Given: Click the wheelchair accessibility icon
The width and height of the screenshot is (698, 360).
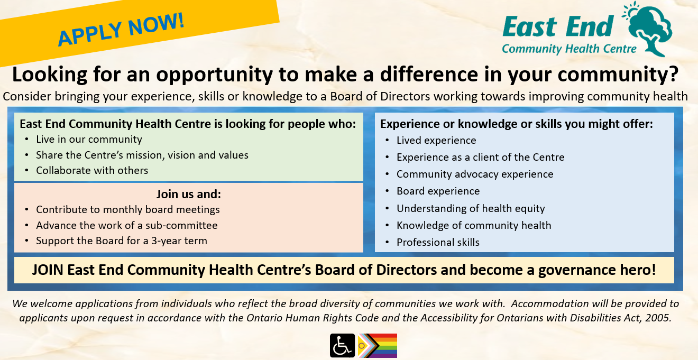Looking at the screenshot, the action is coord(342,345).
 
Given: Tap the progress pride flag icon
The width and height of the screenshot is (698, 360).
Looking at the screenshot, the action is coord(378,345).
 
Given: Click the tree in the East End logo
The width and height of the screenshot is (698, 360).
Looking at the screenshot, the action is coord(650,31).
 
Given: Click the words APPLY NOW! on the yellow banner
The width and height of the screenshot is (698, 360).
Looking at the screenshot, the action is coord(121,30).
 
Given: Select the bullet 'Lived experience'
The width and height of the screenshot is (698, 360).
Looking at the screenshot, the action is coord(436,141).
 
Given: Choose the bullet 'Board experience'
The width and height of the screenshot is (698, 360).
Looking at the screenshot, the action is coord(438,191).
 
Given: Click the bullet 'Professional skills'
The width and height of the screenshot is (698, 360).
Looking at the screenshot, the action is coord(438,242).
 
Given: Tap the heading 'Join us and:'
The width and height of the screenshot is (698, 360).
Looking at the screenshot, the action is coord(189,194).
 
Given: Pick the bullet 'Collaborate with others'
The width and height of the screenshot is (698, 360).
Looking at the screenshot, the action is coord(92,170).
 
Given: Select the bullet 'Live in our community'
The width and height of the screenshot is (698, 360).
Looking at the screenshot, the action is coord(89,139).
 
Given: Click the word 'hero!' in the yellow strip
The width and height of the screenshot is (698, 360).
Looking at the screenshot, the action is coord(638,270).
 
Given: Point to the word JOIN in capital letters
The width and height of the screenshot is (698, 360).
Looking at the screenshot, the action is coord(48,270).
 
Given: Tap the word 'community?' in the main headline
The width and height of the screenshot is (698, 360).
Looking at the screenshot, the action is coord(618,75).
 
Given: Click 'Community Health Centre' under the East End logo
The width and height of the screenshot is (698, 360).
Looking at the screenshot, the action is coord(569,49).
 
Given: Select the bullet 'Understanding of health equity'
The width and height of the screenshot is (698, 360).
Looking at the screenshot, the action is coord(471,208).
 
